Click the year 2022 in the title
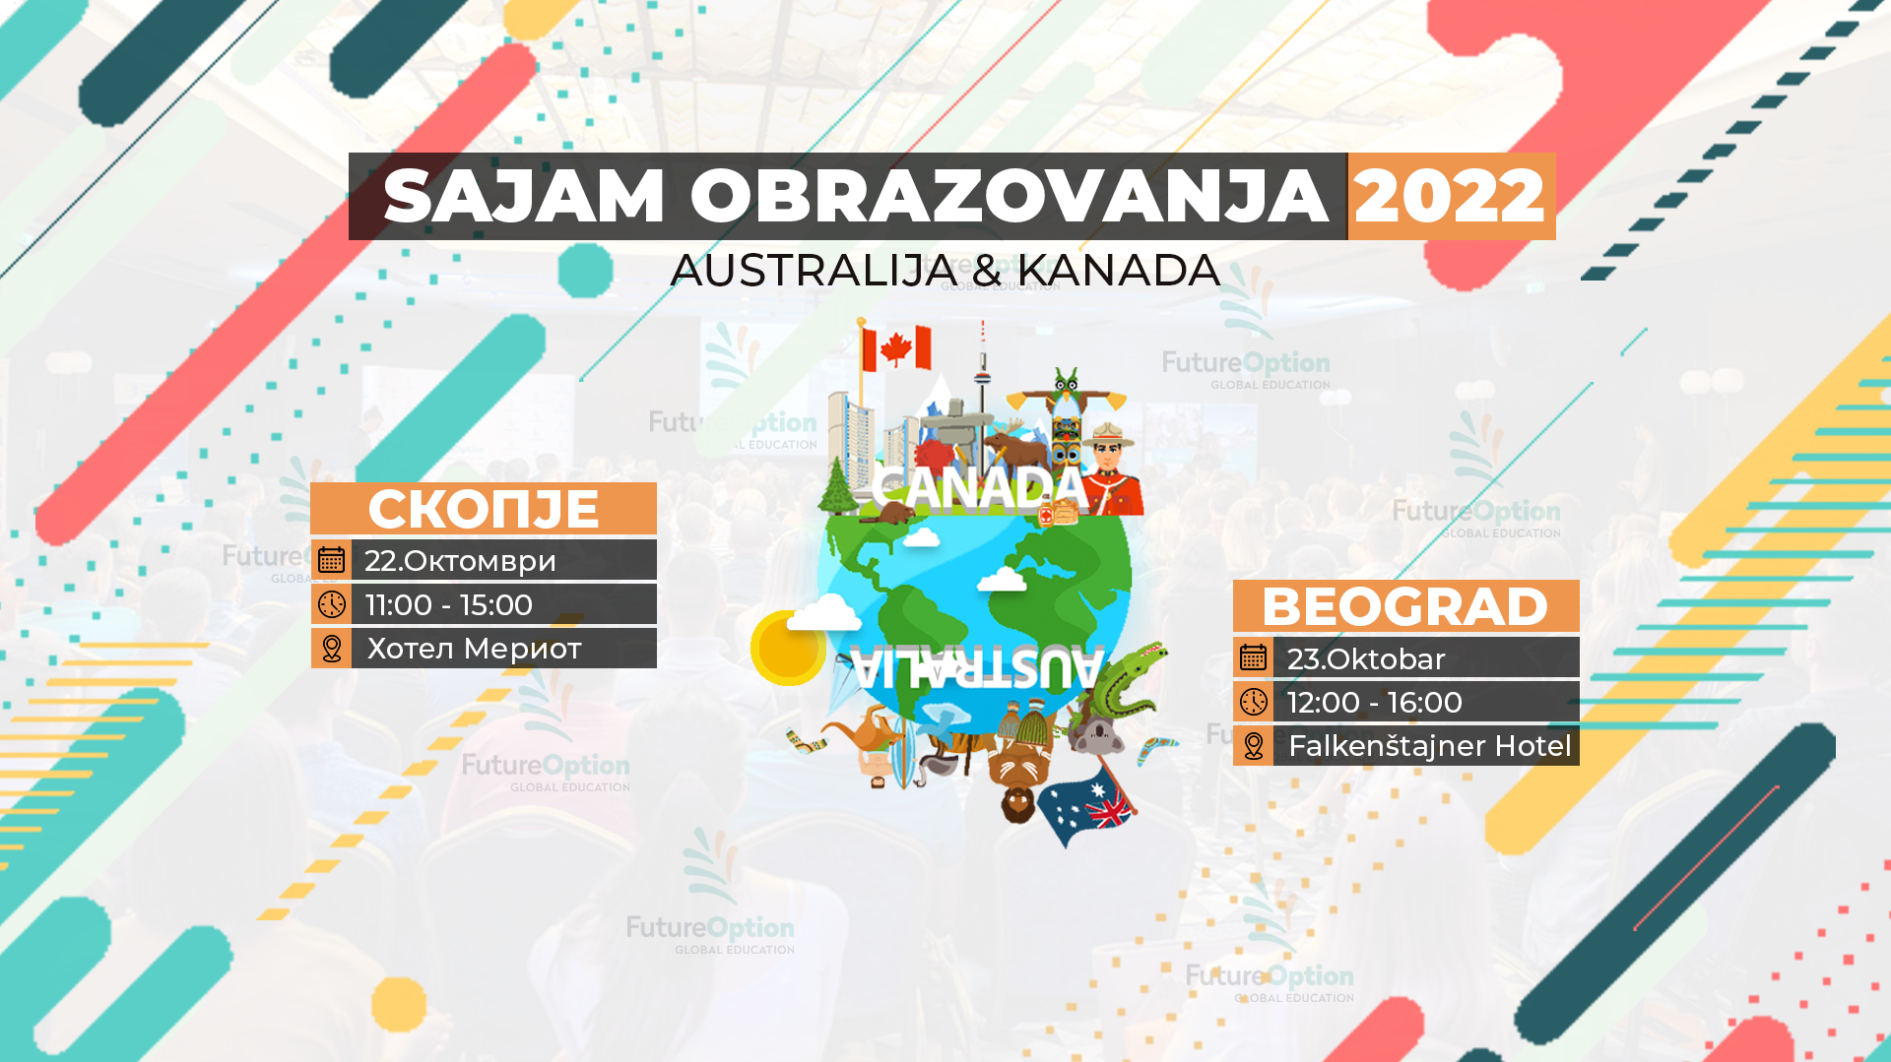pos(1450,197)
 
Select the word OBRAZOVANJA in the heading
pos(1009,197)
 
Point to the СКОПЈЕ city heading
pos(483,509)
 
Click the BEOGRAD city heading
pos(1404,606)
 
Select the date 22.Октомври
pos(460,561)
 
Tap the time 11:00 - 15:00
pos(448,604)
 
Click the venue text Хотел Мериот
pos(474,649)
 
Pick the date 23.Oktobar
pos(1365,658)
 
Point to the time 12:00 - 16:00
pos(1374,703)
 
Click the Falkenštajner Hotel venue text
pos(1429,746)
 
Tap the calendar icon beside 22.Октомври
pos(332,560)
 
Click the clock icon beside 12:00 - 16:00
pos(1253,702)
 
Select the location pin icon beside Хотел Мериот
pos(332,649)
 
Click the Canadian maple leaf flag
pos(895,348)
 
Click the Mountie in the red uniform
pos(1113,468)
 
